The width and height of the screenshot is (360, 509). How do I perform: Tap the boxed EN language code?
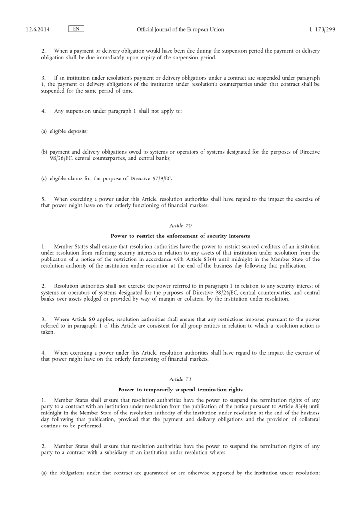tap(76, 29)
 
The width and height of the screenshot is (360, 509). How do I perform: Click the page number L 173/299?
tap(322, 29)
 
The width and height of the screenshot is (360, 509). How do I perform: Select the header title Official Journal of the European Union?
tap(180, 29)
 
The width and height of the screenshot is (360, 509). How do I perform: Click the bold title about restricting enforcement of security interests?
tap(180, 236)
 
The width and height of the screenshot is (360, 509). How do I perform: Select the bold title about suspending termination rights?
tap(180, 390)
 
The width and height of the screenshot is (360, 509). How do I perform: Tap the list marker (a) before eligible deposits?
tap(44, 130)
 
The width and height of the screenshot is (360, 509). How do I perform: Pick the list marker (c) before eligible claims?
tap(44, 179)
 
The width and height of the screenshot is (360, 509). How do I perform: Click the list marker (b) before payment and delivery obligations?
tap(44, 152)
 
